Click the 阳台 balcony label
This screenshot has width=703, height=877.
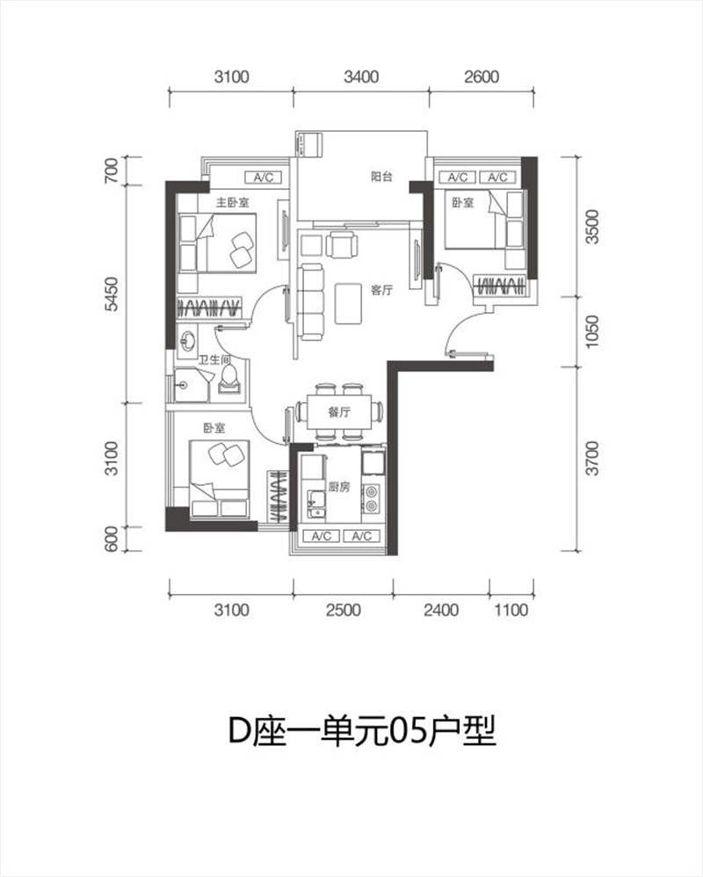pos(382,177)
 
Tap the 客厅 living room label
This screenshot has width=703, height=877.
pos(382,290)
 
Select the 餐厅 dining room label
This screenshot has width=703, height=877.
pos(339,412)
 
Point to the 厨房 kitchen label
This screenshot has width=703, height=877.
pos(339,487)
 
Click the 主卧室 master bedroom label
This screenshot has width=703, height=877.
pos(233,202)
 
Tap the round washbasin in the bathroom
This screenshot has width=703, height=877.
pos(186,339)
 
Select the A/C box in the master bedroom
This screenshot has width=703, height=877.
pos(264,178)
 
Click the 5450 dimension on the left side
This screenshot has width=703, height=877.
pos(112,294)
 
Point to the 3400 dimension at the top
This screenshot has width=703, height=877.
pos(361,76)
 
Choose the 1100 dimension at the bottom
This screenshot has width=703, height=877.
pos(511,610)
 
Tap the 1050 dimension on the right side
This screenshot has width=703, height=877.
pos(591,331)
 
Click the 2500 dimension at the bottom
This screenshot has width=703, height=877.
pos(344,610)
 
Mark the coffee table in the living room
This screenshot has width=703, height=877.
pos(348,304)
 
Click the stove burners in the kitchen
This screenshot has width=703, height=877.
pos(371,499)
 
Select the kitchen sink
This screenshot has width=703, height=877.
pos(316,504)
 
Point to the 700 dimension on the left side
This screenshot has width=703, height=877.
pos(112,170)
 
